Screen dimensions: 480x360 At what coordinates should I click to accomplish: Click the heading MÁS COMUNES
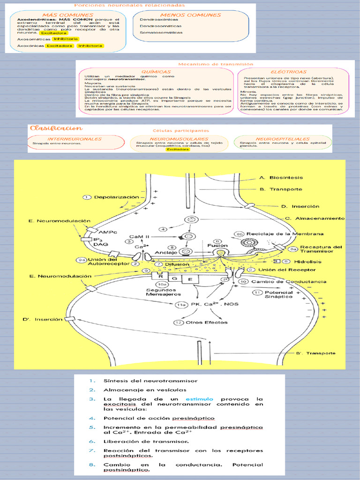[x=67, y=15]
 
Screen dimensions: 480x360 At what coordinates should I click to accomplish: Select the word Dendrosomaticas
[x=160, y=26]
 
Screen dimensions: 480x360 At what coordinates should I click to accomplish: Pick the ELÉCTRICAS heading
[x=288, y=72]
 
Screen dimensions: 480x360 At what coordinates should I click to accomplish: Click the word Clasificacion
[x=56, y=128]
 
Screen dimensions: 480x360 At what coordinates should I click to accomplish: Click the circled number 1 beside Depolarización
[x=87, y=197]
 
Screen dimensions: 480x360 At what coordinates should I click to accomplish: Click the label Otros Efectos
[x=206, y=322]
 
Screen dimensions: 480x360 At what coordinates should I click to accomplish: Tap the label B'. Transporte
[x=315, y=353]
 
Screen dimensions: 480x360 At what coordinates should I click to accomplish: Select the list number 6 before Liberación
[x=92, y=442]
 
